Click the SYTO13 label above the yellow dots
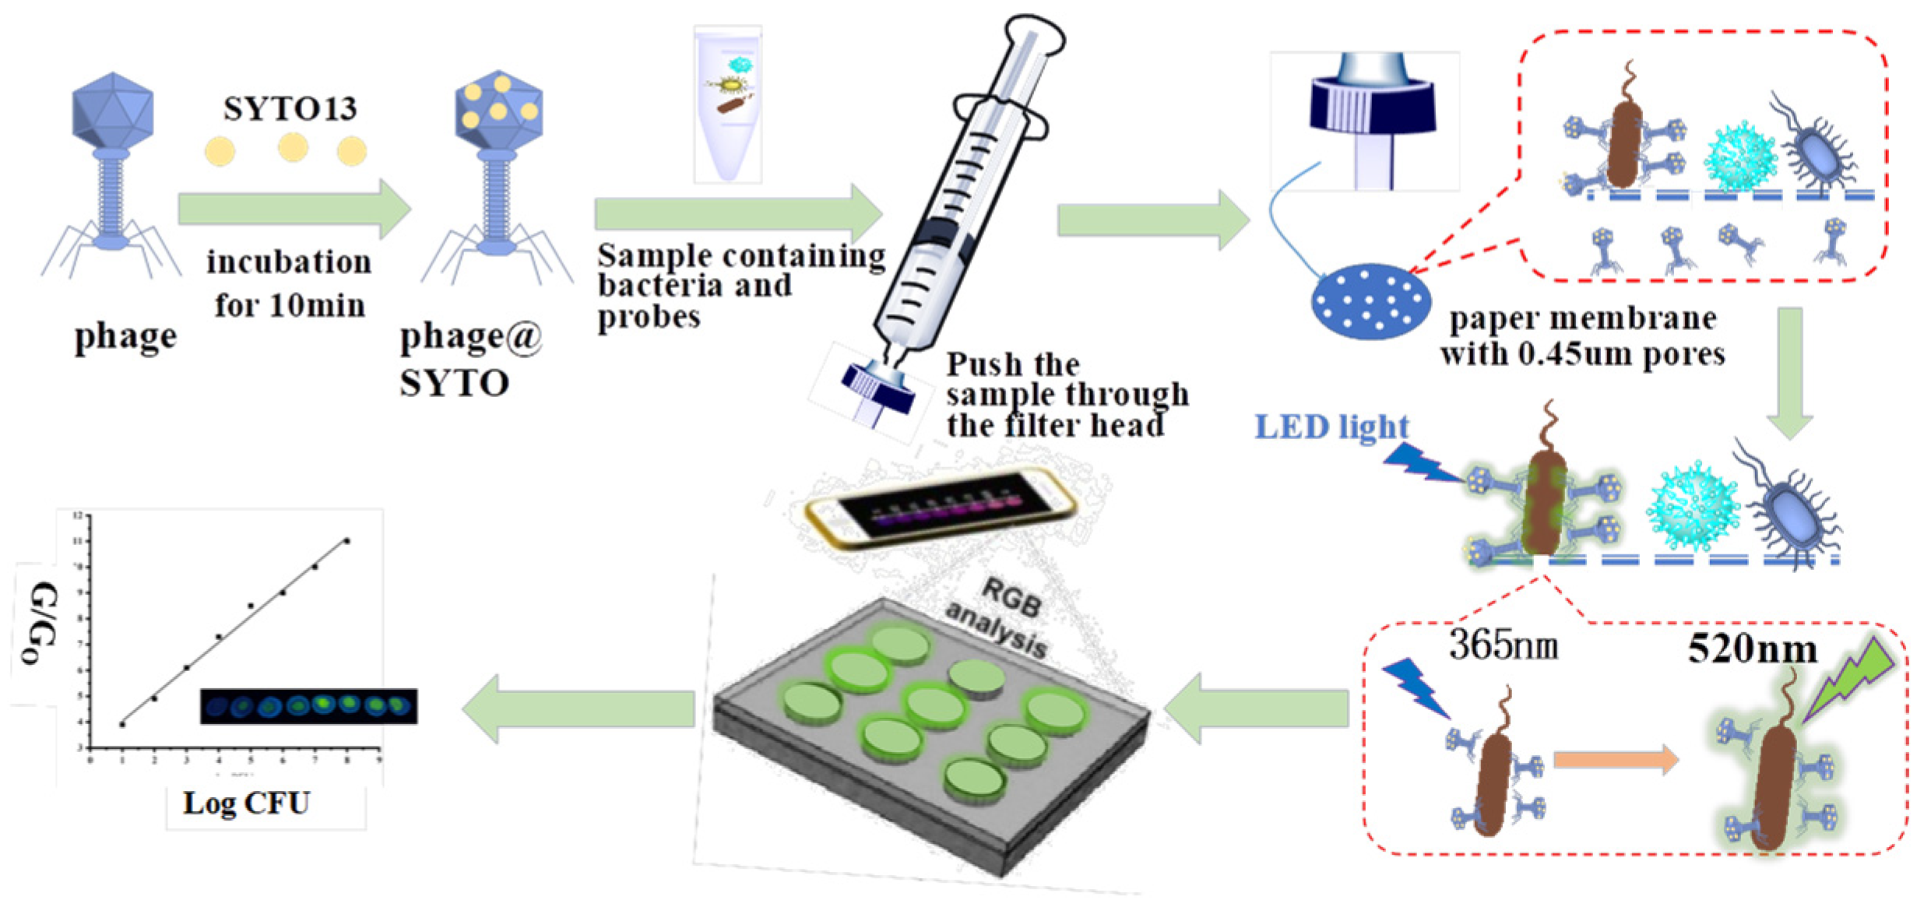pyautogui.click(x=290, y=108)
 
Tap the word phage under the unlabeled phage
pyautogui.click(x=125, y=337)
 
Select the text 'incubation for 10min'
pyautogui.click(x=289, y=283)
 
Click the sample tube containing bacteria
pyautogui.click(x=728, y=105)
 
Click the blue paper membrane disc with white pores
pyautogui.click(x=1371, y=301)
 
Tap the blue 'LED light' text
pyautogui.click(x=1331, y=427)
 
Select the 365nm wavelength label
pyautogui.click(x=1503, y=645)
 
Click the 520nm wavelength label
pyautogui.click(x=1752, y=648)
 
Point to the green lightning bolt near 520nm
pyautogui.click(x=1853, y=681)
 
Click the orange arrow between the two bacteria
pyautogui.click(x=1616, y=759)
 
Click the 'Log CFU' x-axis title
pyautogui.click(x=246, y=803)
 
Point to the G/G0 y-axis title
pyautogui.click(x=39, y=623)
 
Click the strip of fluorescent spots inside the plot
pyautogui.click(x=308, y=706)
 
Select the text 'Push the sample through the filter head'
pyautogui.click(x=1067, y=395)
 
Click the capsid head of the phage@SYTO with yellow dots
pyautogui.click(x=498, y=109)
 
